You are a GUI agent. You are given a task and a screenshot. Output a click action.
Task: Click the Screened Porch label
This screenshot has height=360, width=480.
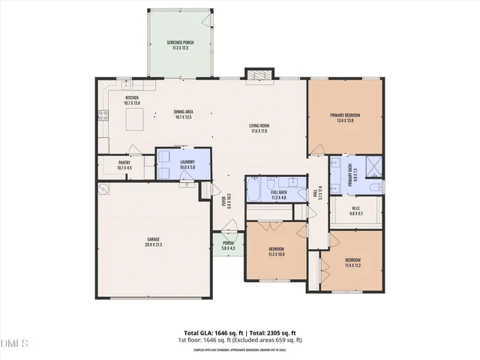point(180,43)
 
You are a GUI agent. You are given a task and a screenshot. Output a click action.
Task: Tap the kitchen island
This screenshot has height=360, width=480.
point(136,118)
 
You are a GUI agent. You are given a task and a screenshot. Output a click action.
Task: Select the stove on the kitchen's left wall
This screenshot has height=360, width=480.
point(103,115)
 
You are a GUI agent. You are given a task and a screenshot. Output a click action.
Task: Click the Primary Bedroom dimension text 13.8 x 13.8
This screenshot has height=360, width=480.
point(346,121)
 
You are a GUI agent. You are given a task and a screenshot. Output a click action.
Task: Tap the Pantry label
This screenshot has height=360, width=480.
point(124,162)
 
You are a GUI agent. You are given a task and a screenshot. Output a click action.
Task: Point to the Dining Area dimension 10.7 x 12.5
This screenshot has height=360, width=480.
point(184,117)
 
